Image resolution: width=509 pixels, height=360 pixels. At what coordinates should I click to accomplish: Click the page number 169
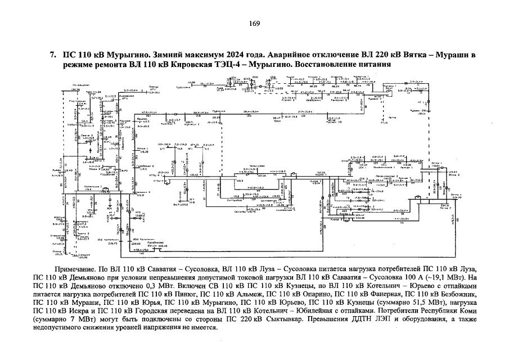254,24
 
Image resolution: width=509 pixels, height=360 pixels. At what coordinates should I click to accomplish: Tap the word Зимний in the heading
148,55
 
